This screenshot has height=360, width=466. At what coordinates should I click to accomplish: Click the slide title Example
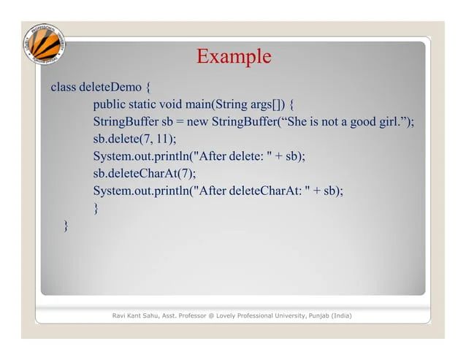tap(234, 56)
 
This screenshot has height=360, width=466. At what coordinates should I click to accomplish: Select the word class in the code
tap(63, 88)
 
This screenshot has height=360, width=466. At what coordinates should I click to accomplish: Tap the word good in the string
tap(363, 121)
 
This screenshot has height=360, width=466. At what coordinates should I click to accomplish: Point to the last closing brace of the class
tap(67, 226)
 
